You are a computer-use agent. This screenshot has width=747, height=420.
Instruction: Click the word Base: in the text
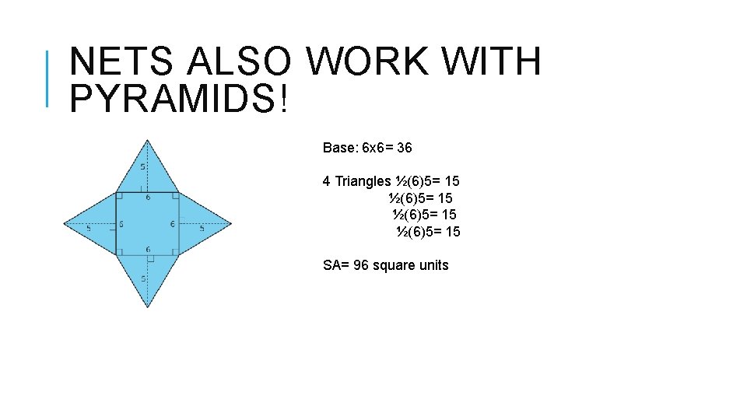pyautogui.click(x=341, y=147)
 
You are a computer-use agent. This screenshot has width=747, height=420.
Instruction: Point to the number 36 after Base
pyautogui.click(x=404, y=147)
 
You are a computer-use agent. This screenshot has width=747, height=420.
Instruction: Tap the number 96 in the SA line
pyautogui.click(x=361, y=265)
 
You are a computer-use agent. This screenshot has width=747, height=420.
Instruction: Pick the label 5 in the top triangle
pyautogui.click(x=142, y=166)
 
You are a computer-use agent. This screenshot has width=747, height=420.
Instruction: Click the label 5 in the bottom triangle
pyautogui.click(x=142, y=278)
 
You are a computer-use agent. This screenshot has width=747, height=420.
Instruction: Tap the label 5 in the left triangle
pyautogui.click(x=89, y=229)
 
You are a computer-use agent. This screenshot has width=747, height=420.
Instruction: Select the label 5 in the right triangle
pyautogui.click(x=202, y=229)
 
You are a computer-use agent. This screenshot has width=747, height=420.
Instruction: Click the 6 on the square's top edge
pyautogui.click(x=149, y=198)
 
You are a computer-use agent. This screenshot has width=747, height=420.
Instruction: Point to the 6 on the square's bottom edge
pyautogui.click(x=149, y=249)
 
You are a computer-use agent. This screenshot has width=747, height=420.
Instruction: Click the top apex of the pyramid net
pyautogui.click(x=148, y=140)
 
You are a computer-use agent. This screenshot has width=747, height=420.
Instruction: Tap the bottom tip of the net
pyautogui.click(x=148, y=307)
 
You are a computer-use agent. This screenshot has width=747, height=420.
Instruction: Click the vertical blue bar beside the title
pyautogui.click(x=48, y=78)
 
